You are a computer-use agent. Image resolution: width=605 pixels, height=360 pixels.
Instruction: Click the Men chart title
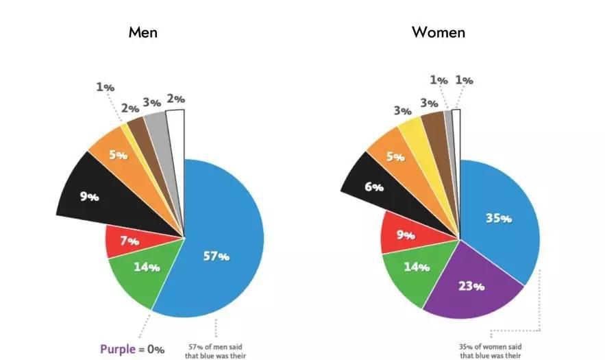click(x=143, y=32)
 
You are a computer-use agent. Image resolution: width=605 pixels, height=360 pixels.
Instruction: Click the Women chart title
click(x=439, y=32)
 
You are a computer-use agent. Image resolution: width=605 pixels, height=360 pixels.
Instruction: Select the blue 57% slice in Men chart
click(x=219, y=247)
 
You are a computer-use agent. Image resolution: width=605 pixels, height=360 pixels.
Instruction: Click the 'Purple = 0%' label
click(x=132, y=349)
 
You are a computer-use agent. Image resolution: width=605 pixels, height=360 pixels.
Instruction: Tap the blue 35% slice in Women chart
click(x=500, y=219)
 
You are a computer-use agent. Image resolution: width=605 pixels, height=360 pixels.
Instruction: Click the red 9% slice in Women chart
click(x=404, y=235)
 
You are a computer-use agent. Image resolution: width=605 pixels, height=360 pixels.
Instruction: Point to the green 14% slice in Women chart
click(x=415, y=269)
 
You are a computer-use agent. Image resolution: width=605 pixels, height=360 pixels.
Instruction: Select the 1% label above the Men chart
click(x=105, y=87)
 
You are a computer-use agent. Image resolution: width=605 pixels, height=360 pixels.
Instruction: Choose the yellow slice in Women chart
click(x=415, y=137)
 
